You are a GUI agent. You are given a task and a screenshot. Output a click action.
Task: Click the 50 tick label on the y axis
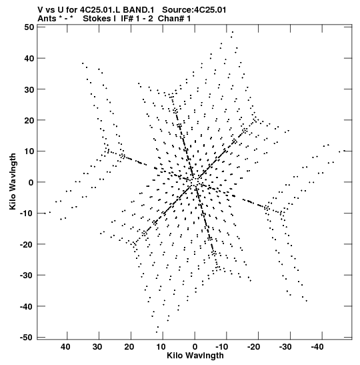point(29,27)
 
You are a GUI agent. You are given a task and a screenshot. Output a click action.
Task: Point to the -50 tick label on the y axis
point(27,337)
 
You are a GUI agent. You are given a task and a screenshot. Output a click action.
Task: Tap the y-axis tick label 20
point(29,120)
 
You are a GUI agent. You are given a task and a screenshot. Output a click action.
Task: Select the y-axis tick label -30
point(27,275)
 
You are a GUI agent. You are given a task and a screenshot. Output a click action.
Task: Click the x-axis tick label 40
point(65,347)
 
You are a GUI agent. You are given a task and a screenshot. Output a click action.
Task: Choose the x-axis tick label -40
point(317,347)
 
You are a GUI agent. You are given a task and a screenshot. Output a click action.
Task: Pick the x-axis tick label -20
point(253,347)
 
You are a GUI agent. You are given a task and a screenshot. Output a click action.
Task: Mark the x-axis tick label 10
point(161,347)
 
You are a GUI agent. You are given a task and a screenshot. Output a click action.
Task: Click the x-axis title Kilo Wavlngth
point(195,356)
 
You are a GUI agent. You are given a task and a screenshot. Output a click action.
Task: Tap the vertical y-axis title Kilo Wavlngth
point(13,181)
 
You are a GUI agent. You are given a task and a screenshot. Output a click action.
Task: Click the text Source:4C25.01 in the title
point(194,10)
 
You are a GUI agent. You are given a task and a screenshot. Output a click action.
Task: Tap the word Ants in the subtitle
point(47,19)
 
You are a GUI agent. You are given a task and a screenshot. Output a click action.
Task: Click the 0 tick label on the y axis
point(31,182)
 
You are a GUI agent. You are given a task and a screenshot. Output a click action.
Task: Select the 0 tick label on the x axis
point(195,347)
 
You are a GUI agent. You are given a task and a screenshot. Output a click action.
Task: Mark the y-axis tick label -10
point(27,213)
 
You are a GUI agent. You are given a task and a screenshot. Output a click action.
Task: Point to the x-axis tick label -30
point(285,347)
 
